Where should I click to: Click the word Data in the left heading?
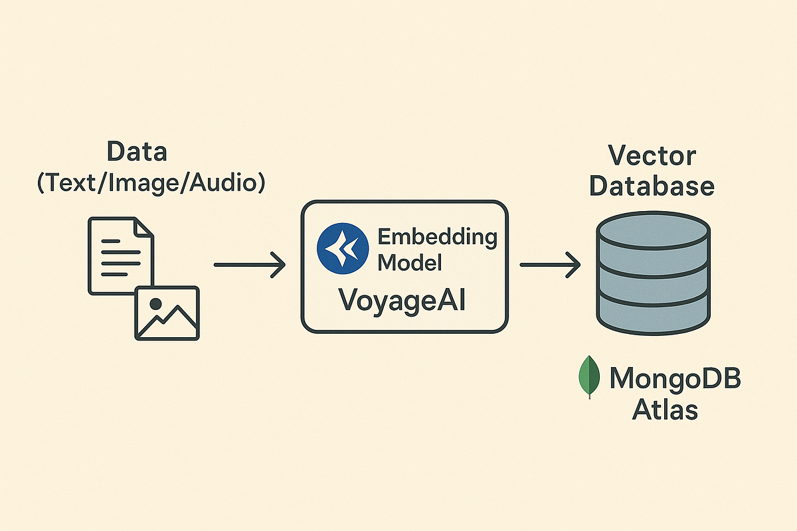(x=138, y=152)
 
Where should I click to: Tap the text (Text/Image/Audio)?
(x=150, y=182)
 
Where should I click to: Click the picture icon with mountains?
(x=167, y=313)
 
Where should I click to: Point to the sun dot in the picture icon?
(x=156, y=303)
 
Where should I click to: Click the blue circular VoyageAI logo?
(x=343, y=248)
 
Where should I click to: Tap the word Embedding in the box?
(x=437, y=236)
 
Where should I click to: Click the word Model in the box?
(x=410, y=262)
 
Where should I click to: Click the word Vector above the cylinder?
(x=652, y=157)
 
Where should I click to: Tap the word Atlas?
(x=665, y=410)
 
